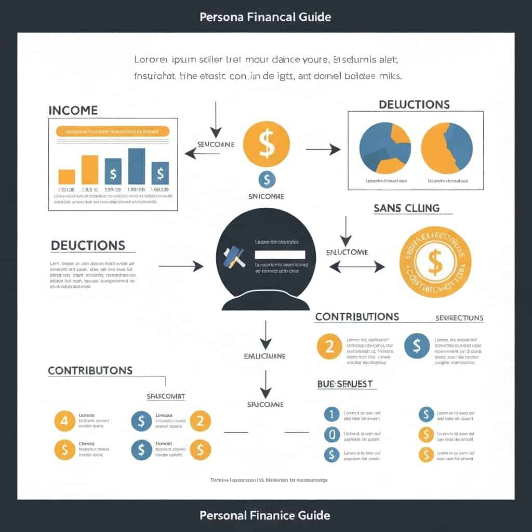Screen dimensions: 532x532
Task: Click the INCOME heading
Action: pos(73,111)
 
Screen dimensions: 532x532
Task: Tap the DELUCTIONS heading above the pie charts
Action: pos(414,104)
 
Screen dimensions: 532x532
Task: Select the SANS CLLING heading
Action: pos(406,208)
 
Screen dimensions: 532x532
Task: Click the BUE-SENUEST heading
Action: pos(345,384)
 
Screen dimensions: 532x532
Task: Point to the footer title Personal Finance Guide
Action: pos(265,515)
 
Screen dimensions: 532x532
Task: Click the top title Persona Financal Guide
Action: pos(265,17)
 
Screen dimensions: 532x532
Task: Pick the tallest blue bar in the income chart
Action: pos(136,166)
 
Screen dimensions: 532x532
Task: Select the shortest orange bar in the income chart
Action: pos(66,177)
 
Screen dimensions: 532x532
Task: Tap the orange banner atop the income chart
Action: pos(112,131)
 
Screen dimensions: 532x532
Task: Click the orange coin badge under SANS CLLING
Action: pos(435,261)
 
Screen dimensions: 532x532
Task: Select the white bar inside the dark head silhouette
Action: pos(280,255)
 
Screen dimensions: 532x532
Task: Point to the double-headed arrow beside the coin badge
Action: pos(357,267)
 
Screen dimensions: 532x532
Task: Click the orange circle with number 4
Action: pos(64,421)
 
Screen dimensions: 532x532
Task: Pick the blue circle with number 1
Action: pos(331,414)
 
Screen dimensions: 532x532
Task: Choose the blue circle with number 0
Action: pos(331,434)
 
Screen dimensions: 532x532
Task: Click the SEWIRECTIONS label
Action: pos(459,318)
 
